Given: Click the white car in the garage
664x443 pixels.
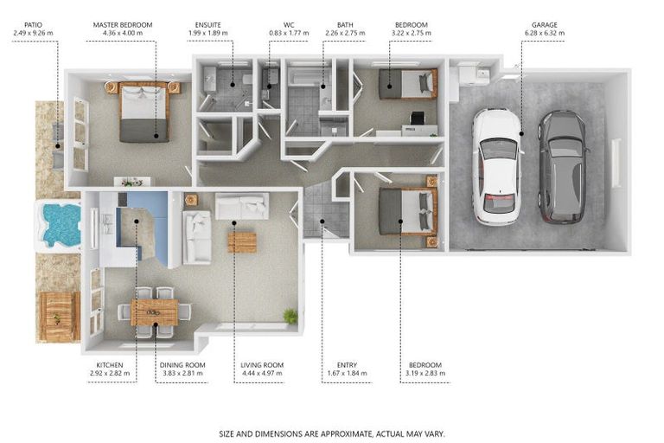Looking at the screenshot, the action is click(496, 166).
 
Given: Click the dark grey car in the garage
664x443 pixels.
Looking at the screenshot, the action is click(563, 167).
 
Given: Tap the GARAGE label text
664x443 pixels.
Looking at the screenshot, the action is click(544, 25).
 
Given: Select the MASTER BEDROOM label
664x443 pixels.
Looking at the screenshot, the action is click(123, 25).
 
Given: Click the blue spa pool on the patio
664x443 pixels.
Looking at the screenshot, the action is click(60, 225).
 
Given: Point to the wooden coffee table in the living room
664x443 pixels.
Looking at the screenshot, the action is click(242, 242).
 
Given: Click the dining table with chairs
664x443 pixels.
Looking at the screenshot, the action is click(154, 312).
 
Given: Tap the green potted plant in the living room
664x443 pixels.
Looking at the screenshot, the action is click(290, 316).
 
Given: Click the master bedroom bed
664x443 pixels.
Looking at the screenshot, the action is click(144, 112).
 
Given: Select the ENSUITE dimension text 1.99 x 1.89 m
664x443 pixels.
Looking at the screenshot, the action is click(207, 33).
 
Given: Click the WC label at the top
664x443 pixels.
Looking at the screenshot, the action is click(289, 25).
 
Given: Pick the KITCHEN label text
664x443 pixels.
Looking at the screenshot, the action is click(110, 365).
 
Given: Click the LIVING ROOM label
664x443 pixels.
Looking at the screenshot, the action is click(262, 365).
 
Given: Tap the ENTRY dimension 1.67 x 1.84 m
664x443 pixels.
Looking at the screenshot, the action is click(347, 374).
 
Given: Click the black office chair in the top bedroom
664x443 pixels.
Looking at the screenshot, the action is click(417, 118).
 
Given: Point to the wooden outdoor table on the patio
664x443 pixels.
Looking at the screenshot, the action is click(59, 317).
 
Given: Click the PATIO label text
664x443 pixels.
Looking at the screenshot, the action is click(33, 25).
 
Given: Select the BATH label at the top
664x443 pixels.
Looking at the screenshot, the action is click(345, 25).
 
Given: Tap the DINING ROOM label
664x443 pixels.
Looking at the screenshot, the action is click(182, 365).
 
